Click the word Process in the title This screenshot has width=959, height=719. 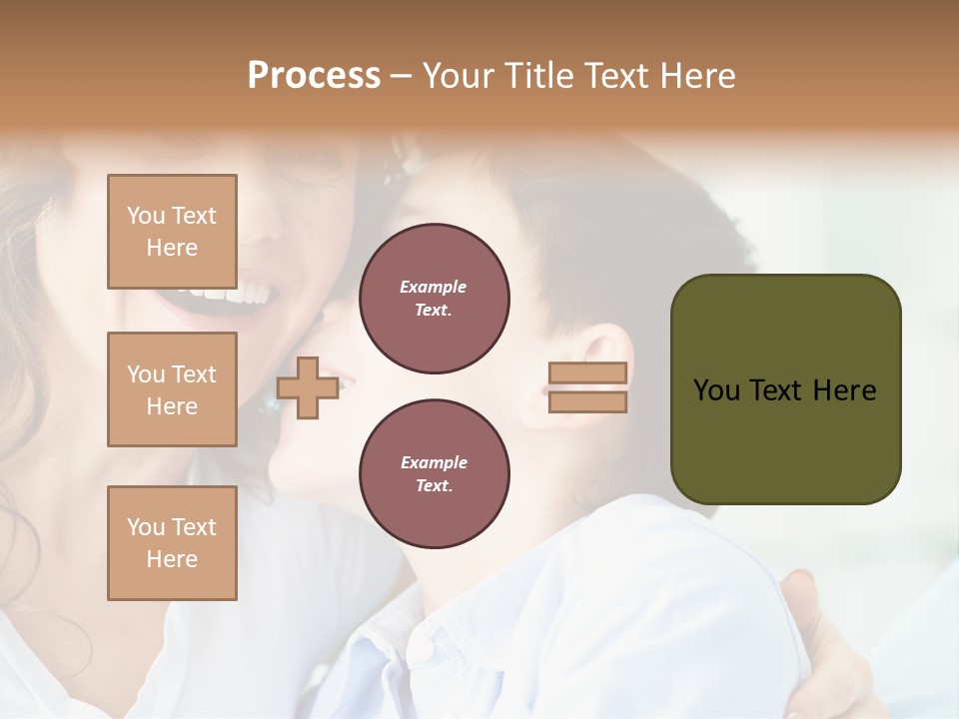(x=314, y=76)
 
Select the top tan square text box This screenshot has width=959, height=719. (x=172, y=232)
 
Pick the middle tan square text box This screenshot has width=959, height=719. (x=172, y=389)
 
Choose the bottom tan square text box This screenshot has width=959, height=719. (x=172, y=543)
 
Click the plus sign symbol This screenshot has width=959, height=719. (x=308, y=388)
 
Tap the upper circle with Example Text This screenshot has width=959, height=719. (x=434, y=299)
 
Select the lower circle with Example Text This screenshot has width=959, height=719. (x=434, y=474)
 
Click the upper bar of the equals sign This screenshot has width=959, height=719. (x=587, y=372)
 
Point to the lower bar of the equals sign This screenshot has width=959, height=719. (x=587, y=402)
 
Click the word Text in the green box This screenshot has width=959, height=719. (x=778, y=390)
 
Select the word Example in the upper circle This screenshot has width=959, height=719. (x=434, y=287)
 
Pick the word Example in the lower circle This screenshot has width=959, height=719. (x=434, y=462)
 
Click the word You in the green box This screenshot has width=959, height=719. (x=716, y=390)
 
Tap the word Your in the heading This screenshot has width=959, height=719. (x=460, y=76)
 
